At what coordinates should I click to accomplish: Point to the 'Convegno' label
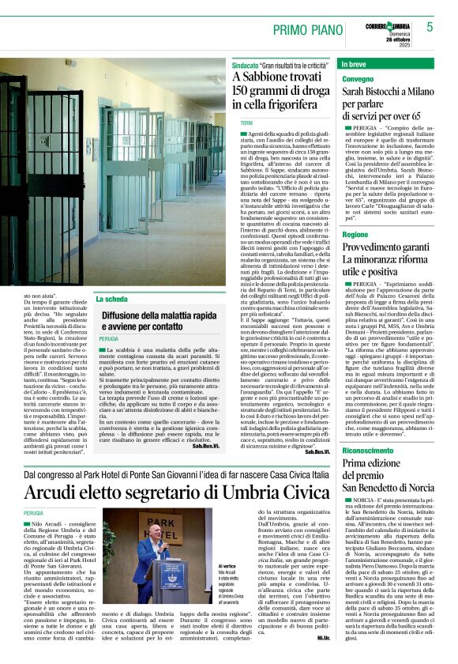point(359,80)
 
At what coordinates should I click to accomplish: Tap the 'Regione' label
point(355,235)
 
